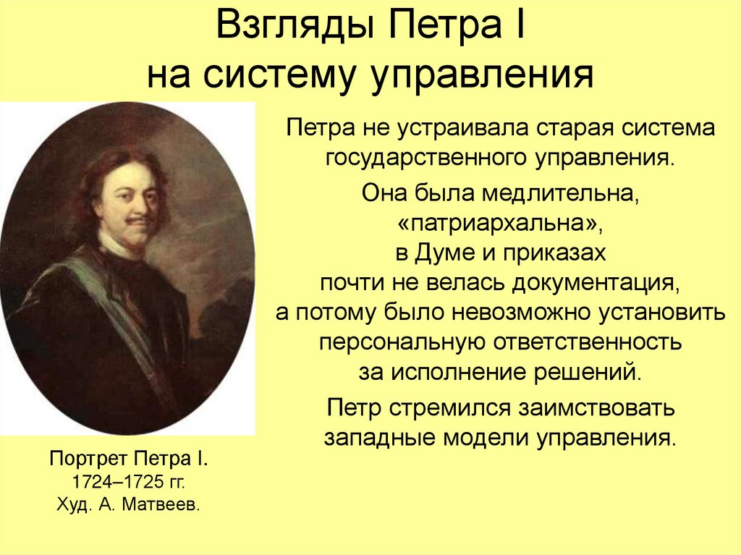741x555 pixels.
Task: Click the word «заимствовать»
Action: point(592,407)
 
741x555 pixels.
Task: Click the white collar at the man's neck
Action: point(116,246)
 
